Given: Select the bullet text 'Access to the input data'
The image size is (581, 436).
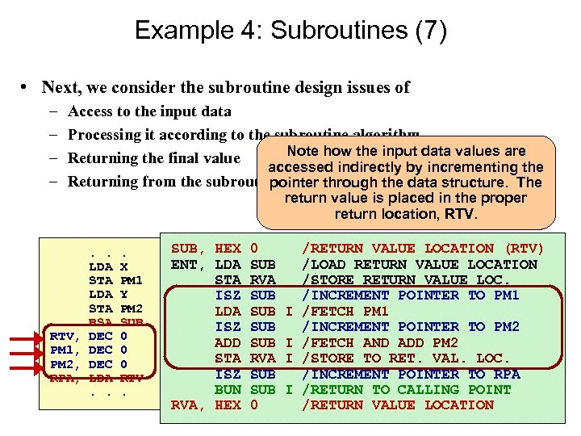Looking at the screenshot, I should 149,111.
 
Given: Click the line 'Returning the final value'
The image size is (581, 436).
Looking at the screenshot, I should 154,158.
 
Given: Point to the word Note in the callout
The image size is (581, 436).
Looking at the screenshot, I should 303,151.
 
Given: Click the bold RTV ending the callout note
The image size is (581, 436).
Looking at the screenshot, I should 462,214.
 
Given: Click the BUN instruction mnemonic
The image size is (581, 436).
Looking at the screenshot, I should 228,389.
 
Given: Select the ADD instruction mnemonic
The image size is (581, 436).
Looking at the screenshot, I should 228,342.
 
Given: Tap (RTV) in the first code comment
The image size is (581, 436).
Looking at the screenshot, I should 523,249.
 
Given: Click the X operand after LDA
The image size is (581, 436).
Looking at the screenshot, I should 123,266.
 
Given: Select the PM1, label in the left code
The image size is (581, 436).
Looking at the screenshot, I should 65,350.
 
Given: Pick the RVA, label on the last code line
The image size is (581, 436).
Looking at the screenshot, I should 189,405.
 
